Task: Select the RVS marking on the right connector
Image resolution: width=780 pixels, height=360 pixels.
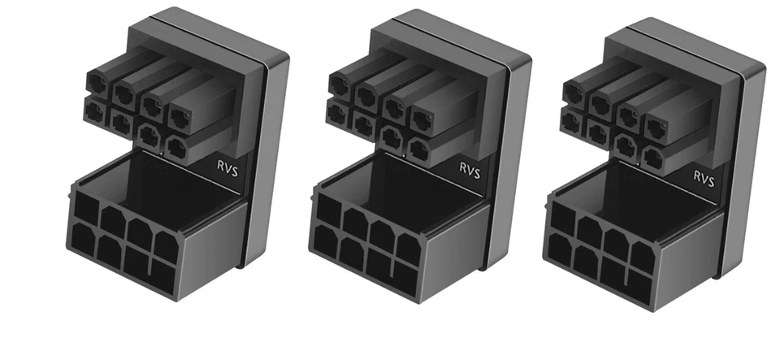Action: tap(704, 180)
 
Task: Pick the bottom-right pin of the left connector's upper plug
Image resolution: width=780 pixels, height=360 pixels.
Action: tap(174, 145)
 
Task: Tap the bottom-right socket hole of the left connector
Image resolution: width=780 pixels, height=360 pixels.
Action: tap(164, 273)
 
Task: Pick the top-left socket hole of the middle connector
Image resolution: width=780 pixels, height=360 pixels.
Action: tap(326, 209)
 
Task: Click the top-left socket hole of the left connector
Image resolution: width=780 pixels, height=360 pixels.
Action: tap(84, 206)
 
